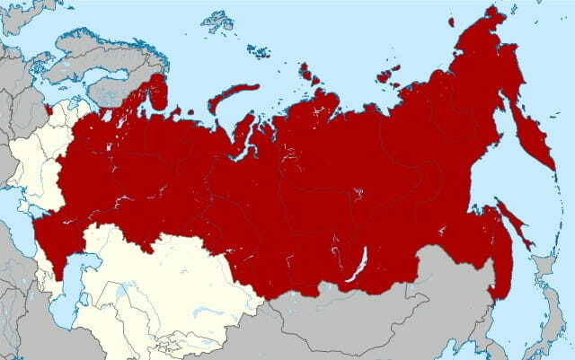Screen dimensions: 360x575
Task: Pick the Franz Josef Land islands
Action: [x=216, y=22]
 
